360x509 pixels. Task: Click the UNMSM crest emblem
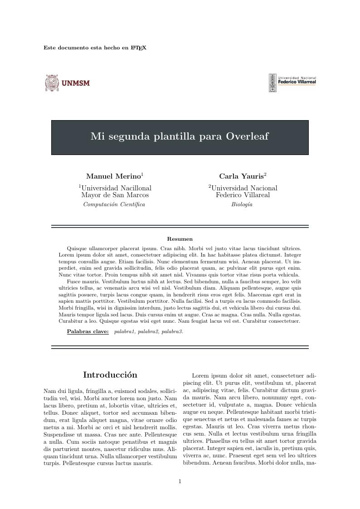[x=52, y=83]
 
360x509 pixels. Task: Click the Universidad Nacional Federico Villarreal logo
[x=292, y=82]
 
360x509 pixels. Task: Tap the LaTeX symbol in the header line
[x=138, y=48]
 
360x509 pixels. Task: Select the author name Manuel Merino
[x=113, y=176]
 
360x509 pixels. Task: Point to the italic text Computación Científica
[x=114, y=204]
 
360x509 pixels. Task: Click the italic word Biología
[x=242, y=204]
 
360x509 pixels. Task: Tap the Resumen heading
[x=180, y=239]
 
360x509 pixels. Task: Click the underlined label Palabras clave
[x=88, y=332]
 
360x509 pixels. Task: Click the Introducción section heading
[x=110, y=375]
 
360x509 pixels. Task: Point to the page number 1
[x=180, y=481]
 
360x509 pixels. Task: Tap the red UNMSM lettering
[x=76, y=83]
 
